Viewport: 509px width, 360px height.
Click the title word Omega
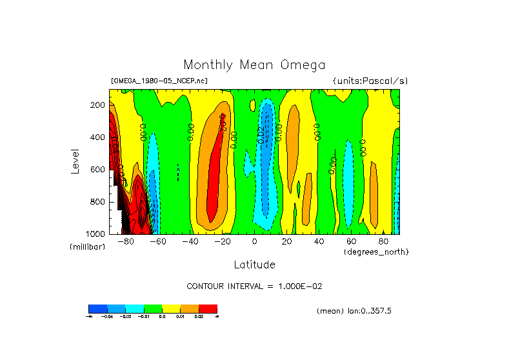click(303, 65)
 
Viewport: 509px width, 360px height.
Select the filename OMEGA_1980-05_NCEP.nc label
click(159, 81)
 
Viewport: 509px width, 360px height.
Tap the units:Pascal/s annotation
click(370, 81)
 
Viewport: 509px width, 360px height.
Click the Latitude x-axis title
click(254, 265)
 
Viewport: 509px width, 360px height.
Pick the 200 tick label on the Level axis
click(98, 105)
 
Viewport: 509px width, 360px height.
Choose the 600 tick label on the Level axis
click(98, 170)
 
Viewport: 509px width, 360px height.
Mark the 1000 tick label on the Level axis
click(96, 234)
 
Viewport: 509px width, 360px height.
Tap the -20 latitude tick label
click(222, 242)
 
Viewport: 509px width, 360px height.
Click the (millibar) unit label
click(87, 247)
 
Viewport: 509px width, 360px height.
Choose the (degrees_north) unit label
click(375, 252)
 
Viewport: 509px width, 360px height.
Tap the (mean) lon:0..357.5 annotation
click(354, 311)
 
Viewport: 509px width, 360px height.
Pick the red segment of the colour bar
click(208, 308)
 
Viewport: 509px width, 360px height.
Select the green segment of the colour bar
click(153, 308)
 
